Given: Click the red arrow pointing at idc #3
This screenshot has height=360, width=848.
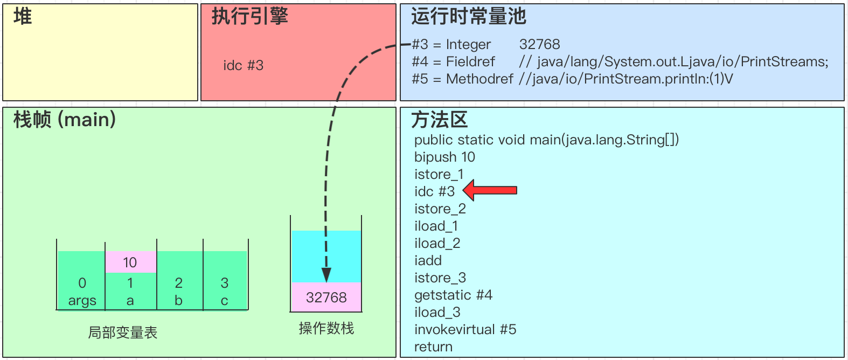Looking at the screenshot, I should click(x=490, y=190).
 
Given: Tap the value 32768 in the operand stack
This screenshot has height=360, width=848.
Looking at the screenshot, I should click(x=326, y=297).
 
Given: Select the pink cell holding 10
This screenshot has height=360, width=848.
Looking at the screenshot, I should click(x=130, y=262).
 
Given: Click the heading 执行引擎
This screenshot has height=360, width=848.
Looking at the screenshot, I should click(x=249, y=16).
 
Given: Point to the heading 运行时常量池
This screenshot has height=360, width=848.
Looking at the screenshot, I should click(x=468, y=16).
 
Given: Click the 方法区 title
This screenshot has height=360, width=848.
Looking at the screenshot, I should click(x=439, y=120).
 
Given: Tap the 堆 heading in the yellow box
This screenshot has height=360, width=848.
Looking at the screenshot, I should click(x=23, y=16).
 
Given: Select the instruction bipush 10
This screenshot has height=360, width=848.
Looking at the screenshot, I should click(x=444, y=157).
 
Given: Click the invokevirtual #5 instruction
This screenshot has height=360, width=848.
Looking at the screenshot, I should click(x=465, y=329).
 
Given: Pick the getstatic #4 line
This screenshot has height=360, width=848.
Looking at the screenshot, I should click(x=453, y=295).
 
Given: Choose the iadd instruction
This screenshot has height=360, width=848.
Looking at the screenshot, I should click(x=428, y=260).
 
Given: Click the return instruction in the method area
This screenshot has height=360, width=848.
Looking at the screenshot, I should click(x=433, y=347).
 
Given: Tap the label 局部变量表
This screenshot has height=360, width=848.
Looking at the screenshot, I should click(x=123, y=333).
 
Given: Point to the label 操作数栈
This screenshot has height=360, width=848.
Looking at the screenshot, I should click(x=326, y=328).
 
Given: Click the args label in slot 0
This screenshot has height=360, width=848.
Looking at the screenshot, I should click(x=82, y=301).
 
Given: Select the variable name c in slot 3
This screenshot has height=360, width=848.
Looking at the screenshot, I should click(x=225, y=301).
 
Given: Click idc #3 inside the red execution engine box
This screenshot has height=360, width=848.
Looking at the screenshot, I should click(x=244, y=65).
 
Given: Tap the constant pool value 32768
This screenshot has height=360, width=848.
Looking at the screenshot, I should click(x=539, y=44).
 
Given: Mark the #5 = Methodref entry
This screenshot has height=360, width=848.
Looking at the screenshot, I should click(x=462, y=79).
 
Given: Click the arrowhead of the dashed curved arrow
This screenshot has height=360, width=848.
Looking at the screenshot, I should click(x=326, y=275).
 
